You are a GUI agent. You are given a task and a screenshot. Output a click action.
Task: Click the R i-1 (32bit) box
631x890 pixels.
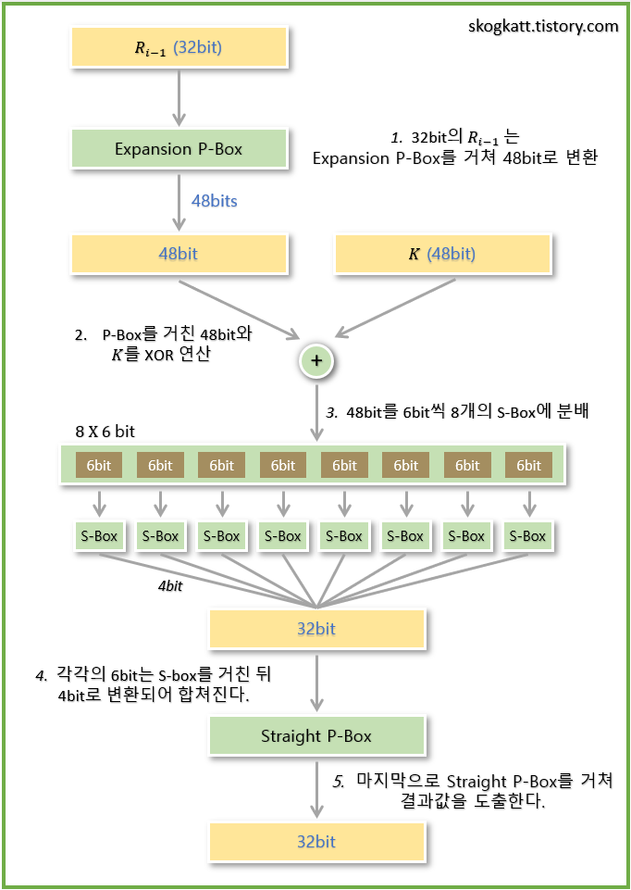tap(179, 47)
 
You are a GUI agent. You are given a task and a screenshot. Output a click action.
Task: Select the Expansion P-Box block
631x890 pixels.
tap(179, 149)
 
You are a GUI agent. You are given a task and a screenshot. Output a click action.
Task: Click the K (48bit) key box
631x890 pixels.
tap(442, 254)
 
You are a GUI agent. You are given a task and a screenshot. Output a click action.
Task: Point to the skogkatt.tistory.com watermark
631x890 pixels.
tap(543, 26)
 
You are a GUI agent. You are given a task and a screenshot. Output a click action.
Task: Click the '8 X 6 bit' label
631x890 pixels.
tap(105, 432)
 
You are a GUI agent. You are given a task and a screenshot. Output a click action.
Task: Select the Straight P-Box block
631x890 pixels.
tap(316, 736)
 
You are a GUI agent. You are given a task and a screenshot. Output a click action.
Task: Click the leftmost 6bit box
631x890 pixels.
tap(99, 466)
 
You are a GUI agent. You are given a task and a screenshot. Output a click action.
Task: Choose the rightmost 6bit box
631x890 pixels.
tap(528, 466)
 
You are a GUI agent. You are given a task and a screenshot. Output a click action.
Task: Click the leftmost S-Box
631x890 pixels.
tap(99, 536)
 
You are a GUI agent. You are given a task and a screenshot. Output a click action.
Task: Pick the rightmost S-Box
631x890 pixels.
tap(528, 536)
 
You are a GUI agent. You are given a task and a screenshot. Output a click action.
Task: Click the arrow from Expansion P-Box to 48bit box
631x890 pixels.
tap(178, 199)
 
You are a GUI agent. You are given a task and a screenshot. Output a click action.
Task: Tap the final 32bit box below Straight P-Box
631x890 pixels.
tap(316, 842)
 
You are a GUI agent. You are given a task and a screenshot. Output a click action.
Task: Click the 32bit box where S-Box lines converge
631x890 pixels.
tap(316, 629)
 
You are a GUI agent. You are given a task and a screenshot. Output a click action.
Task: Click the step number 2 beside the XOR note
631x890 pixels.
tap(80, 335)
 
